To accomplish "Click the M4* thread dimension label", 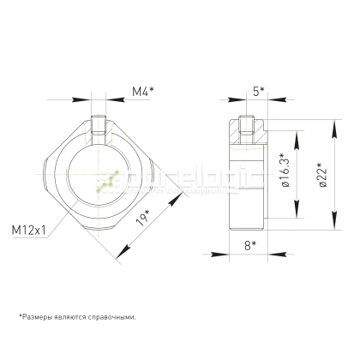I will click(143, 90).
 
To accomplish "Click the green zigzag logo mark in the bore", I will click(107, 183).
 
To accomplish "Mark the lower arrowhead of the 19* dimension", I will click(119, 255).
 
